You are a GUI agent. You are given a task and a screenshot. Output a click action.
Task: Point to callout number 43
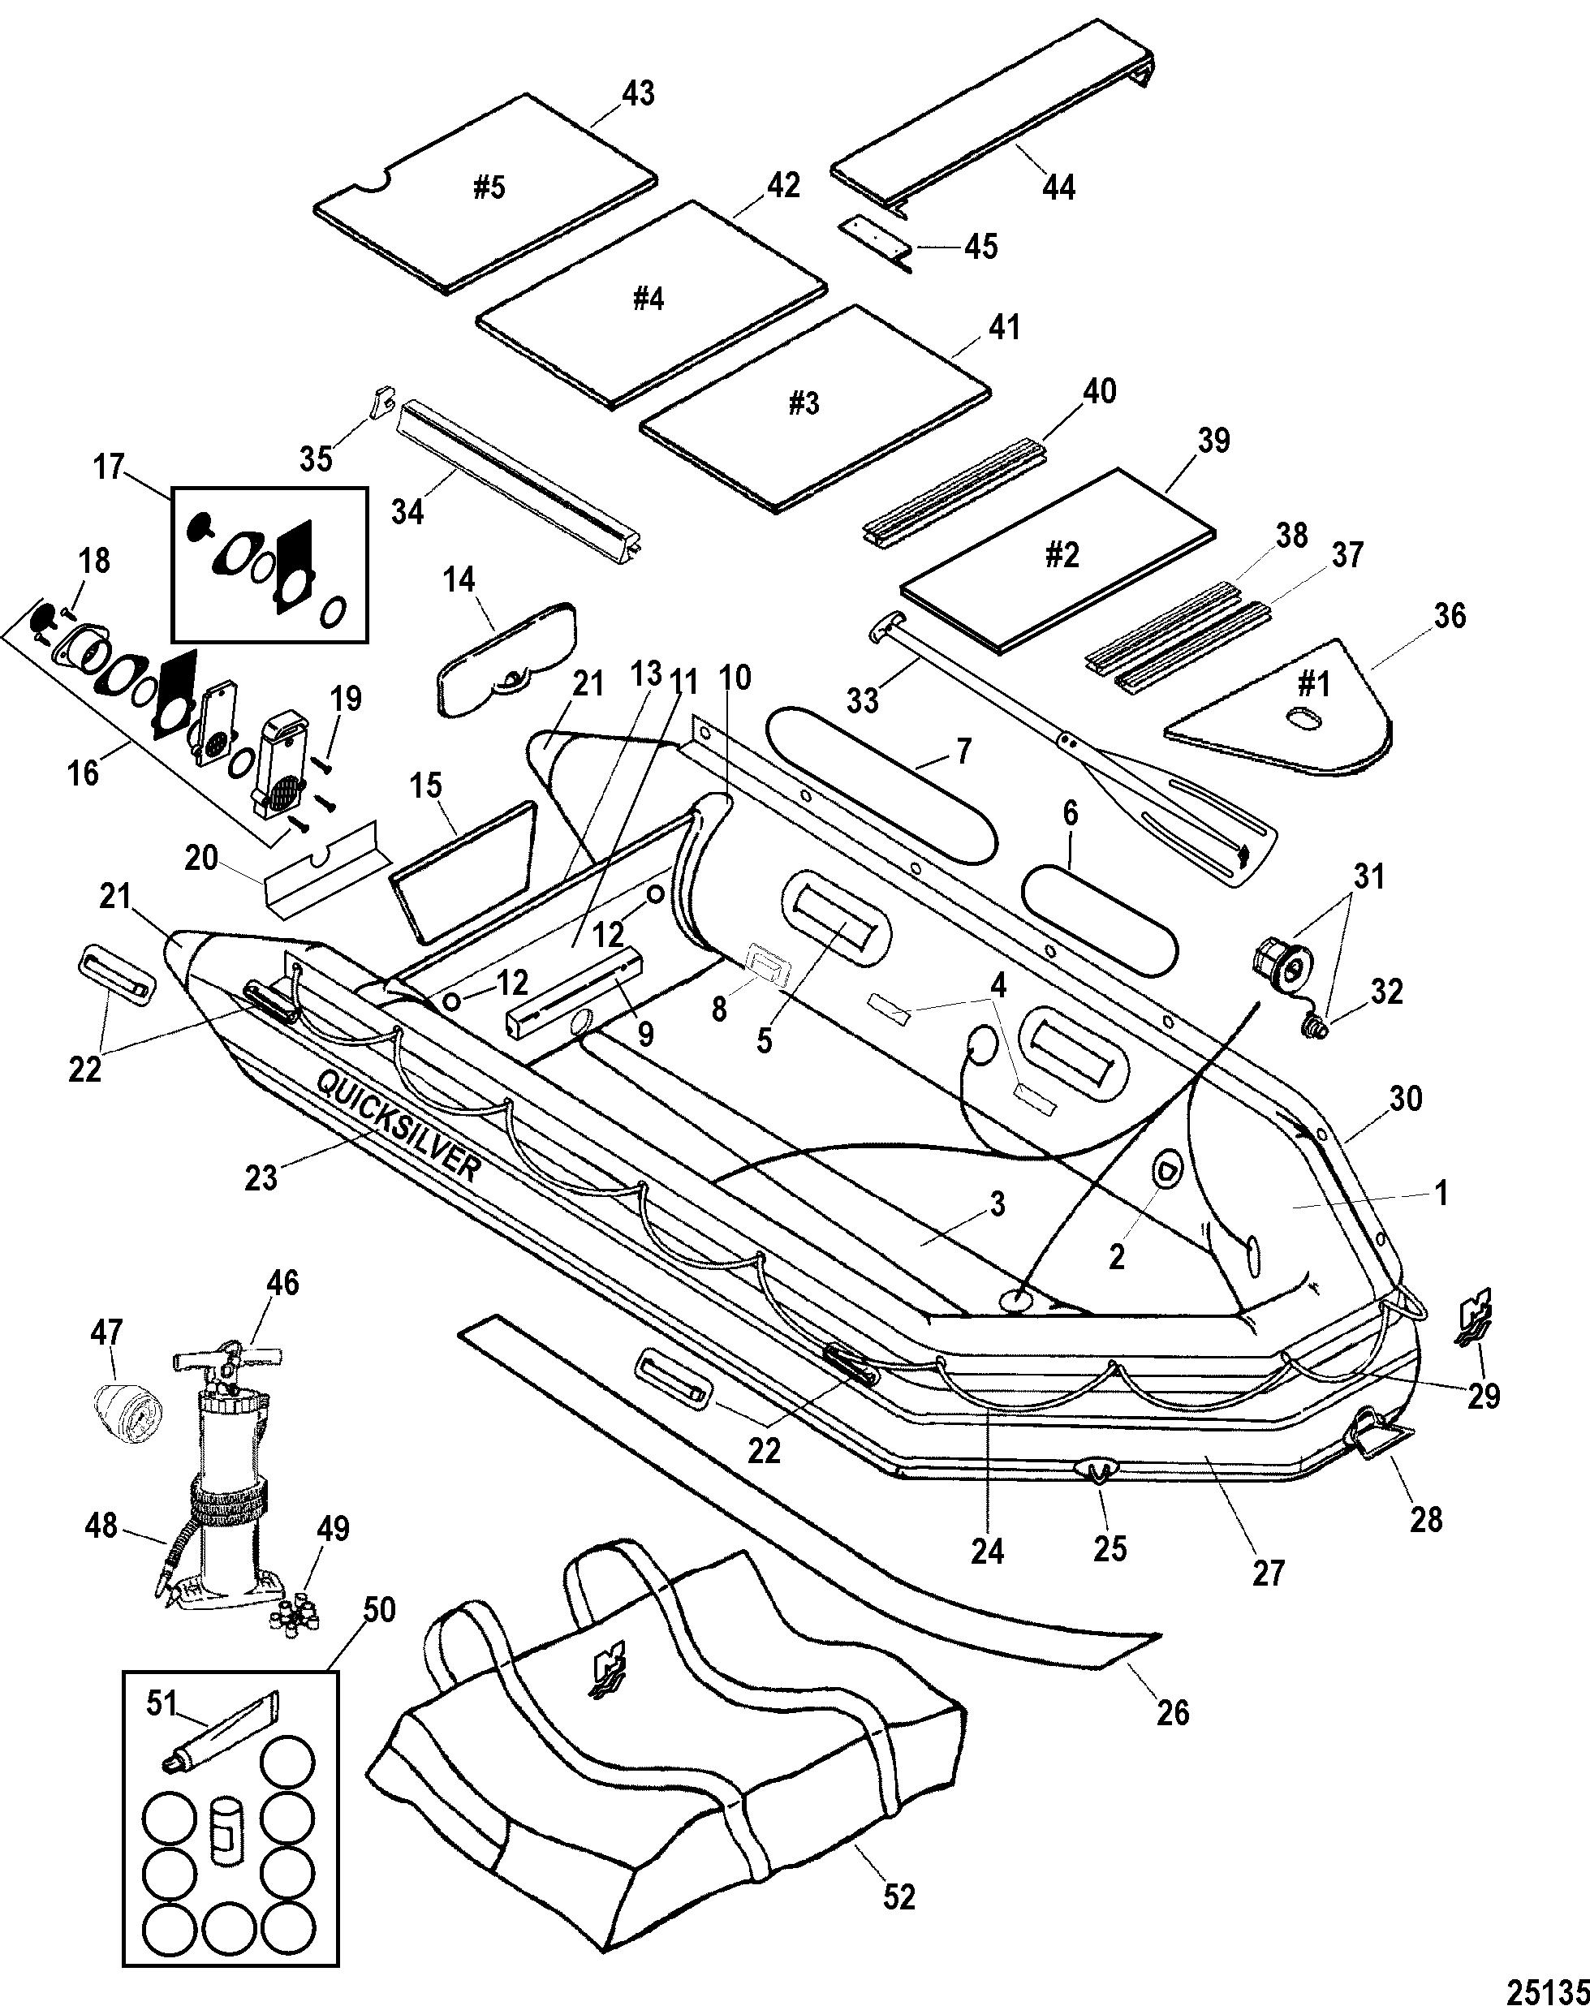[x=638, y=94]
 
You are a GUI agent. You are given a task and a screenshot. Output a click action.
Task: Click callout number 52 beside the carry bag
[x=898, y=1897]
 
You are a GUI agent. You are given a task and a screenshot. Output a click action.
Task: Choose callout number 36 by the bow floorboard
[x=1450, y=615]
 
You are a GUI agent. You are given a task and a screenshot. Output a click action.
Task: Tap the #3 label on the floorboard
[x=804, y=404]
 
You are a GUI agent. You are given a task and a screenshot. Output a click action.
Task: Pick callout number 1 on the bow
[x=1441, y=1193]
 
